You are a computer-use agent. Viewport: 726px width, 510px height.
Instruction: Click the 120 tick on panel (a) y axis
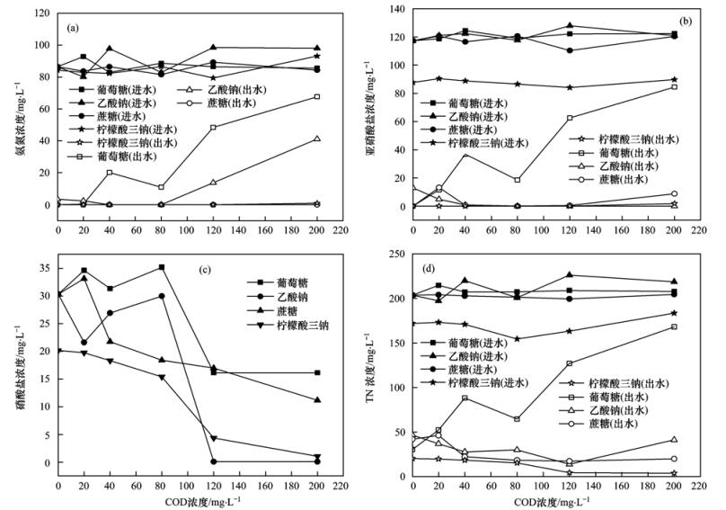coord(41,13)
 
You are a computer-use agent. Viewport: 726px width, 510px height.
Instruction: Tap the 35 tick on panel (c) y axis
coord(41,267)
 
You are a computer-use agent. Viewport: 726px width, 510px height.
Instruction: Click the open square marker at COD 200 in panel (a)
coord(316,96)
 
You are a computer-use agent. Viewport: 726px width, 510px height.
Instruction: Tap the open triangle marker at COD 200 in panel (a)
coord(316,139)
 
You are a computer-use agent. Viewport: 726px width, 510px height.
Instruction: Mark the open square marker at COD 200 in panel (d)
coord(673,327)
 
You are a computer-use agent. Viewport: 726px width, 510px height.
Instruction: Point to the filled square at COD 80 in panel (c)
coord(161,267)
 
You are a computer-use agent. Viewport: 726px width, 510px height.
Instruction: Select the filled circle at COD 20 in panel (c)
coord(84,343)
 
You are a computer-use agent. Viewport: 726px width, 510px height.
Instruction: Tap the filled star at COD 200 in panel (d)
coord(673,313)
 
